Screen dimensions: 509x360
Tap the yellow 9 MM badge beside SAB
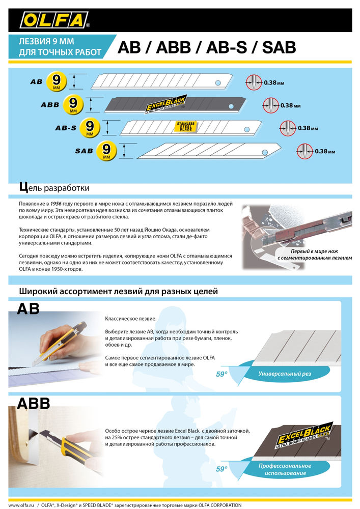coord(106,151)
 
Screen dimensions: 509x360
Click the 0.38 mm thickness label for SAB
coord(325,151)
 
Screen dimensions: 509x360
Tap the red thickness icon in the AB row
coord(253,82)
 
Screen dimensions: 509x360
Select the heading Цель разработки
coord(54,187)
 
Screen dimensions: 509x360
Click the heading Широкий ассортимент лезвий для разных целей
coord(118,292)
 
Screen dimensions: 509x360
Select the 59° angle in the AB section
coord(222,374)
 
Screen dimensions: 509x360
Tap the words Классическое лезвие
coord(131,319)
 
